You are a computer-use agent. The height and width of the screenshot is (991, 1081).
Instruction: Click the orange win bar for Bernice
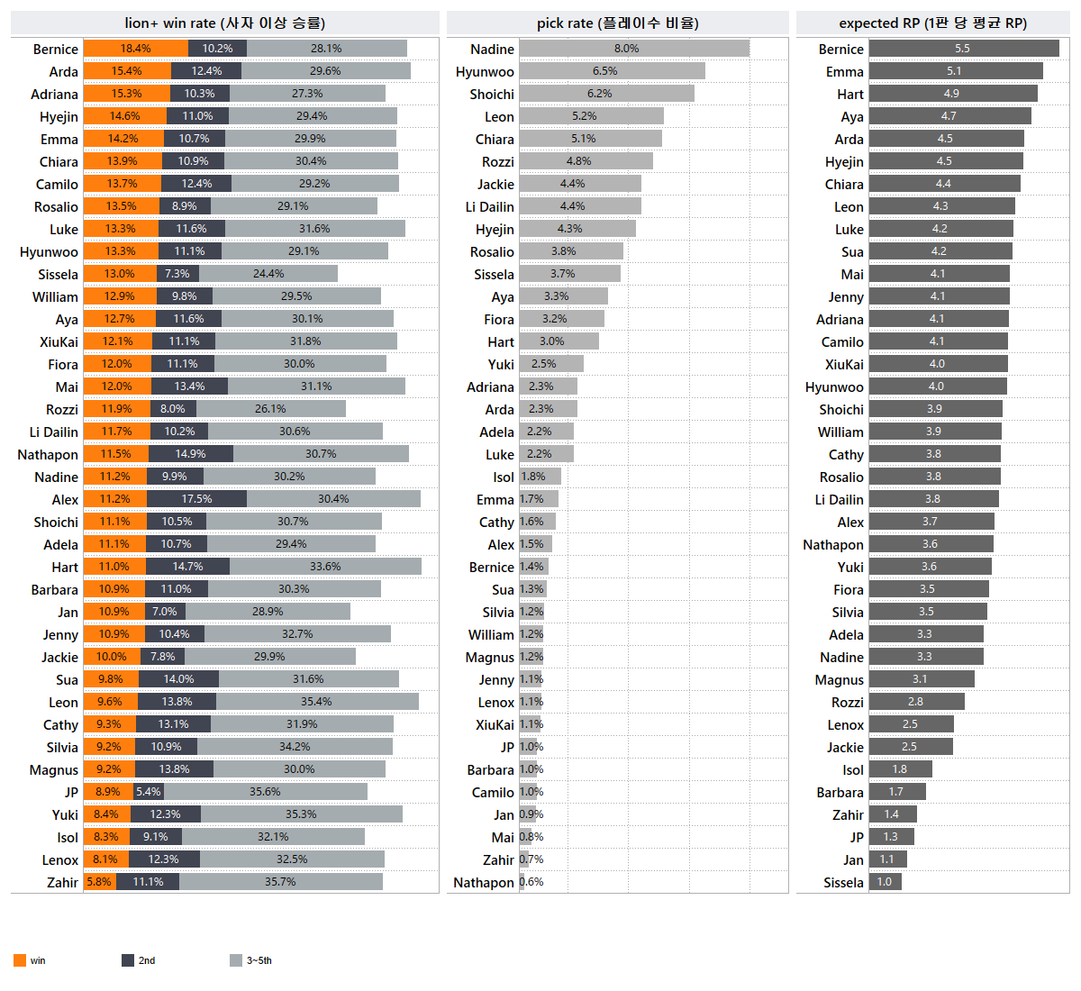136,49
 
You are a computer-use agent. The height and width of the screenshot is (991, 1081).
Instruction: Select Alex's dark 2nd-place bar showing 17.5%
196,499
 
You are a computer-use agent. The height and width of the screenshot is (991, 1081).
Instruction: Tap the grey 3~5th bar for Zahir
280,882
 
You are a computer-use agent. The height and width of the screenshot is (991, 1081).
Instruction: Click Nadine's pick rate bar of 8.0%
634,49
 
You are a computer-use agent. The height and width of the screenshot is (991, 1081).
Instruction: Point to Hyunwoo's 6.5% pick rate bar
613,71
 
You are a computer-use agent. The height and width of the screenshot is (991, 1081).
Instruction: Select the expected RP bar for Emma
956,71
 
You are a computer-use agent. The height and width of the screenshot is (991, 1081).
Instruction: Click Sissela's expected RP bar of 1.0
886,882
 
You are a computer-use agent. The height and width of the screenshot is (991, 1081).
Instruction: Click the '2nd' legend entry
139,960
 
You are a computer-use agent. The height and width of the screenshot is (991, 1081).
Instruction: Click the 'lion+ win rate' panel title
225,23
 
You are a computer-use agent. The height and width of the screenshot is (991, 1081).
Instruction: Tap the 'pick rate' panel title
618,23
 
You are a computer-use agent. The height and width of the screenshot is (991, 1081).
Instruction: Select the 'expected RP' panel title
933,23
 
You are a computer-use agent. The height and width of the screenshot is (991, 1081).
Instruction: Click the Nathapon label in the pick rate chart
484,883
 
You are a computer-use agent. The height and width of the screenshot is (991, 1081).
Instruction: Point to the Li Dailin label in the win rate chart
54,432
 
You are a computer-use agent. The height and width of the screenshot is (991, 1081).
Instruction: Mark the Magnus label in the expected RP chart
840,680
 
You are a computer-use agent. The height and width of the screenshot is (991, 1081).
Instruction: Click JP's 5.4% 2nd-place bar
149,792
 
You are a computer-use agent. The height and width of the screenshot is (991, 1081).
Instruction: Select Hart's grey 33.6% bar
325,567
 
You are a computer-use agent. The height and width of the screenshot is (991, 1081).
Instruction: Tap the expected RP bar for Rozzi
916,702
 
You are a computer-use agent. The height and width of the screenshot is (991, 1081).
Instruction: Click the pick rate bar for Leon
592,116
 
